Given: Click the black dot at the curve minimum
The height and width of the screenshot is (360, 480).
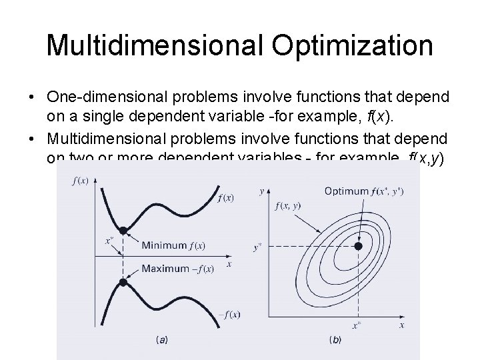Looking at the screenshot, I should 123,231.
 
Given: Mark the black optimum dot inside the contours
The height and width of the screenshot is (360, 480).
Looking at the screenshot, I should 358,246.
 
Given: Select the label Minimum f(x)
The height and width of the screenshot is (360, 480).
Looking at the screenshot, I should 173,245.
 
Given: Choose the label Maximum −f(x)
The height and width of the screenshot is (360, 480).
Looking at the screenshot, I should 177,269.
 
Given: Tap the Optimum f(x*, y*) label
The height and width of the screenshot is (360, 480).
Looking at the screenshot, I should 363,191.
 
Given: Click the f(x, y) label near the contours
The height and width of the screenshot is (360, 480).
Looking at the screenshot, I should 287,206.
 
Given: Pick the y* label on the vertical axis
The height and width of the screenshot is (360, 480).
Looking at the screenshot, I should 257,247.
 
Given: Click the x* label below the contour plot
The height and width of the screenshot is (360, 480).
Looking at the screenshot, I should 357,327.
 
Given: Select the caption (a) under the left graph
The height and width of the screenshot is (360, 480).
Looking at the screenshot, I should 161,340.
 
